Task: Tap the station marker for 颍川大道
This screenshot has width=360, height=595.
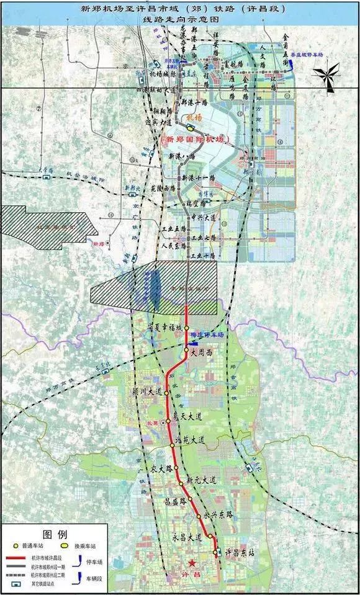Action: pos(167,393)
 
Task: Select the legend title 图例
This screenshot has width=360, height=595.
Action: pos(54,533)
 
